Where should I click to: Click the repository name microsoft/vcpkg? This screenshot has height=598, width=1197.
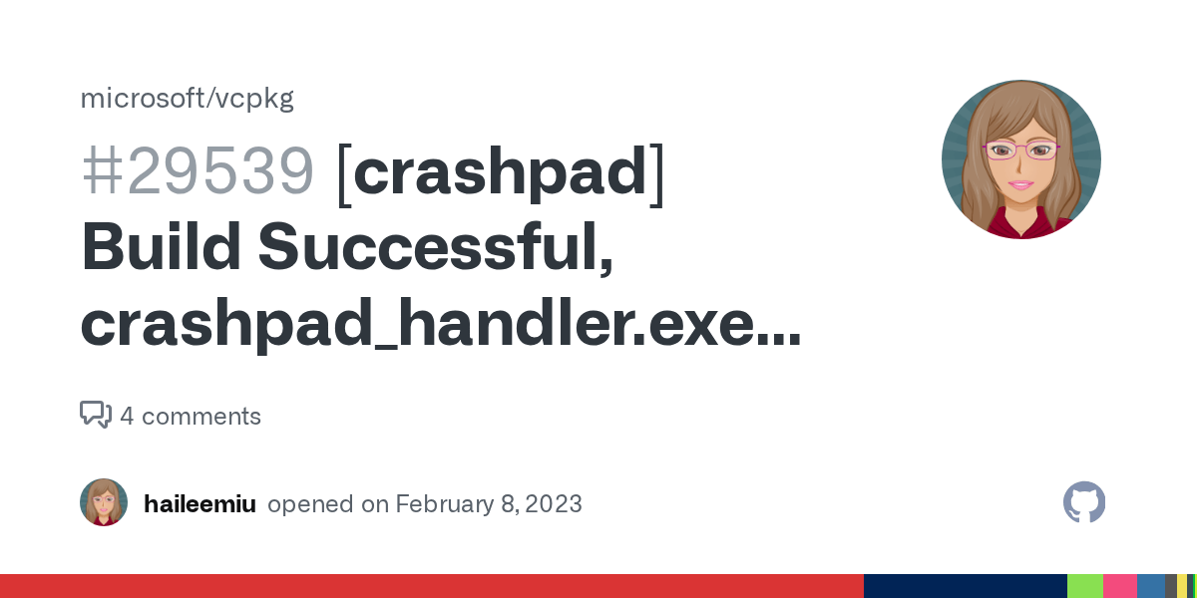(187, 99)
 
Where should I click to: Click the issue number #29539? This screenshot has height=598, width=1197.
(198, 171)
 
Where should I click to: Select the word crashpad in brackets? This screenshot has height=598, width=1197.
(501, 171)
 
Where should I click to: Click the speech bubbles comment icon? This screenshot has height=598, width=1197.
(96, 415)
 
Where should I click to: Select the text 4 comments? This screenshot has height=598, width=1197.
(191, 416)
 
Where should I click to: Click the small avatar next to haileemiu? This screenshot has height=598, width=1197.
(104, 502)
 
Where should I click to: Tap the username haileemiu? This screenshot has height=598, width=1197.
(199, 503)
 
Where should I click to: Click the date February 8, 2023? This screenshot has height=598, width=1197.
(488, 503)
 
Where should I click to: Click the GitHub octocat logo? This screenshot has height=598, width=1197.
(1084, 502)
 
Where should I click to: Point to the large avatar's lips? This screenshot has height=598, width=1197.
(1020, 184)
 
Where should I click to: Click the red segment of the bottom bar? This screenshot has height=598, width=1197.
(429, 586)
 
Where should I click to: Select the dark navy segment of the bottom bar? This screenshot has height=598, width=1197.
(964, 586)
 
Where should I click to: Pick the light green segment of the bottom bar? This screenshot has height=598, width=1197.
(1084, 586)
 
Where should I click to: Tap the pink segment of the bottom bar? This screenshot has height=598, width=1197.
(1119, 586)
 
